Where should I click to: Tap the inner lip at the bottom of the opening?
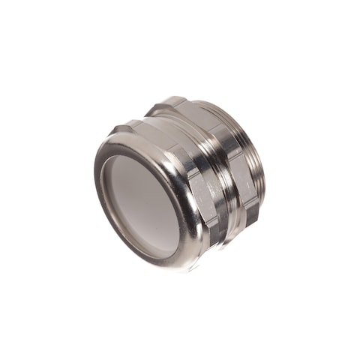click(x=161, y=251)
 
